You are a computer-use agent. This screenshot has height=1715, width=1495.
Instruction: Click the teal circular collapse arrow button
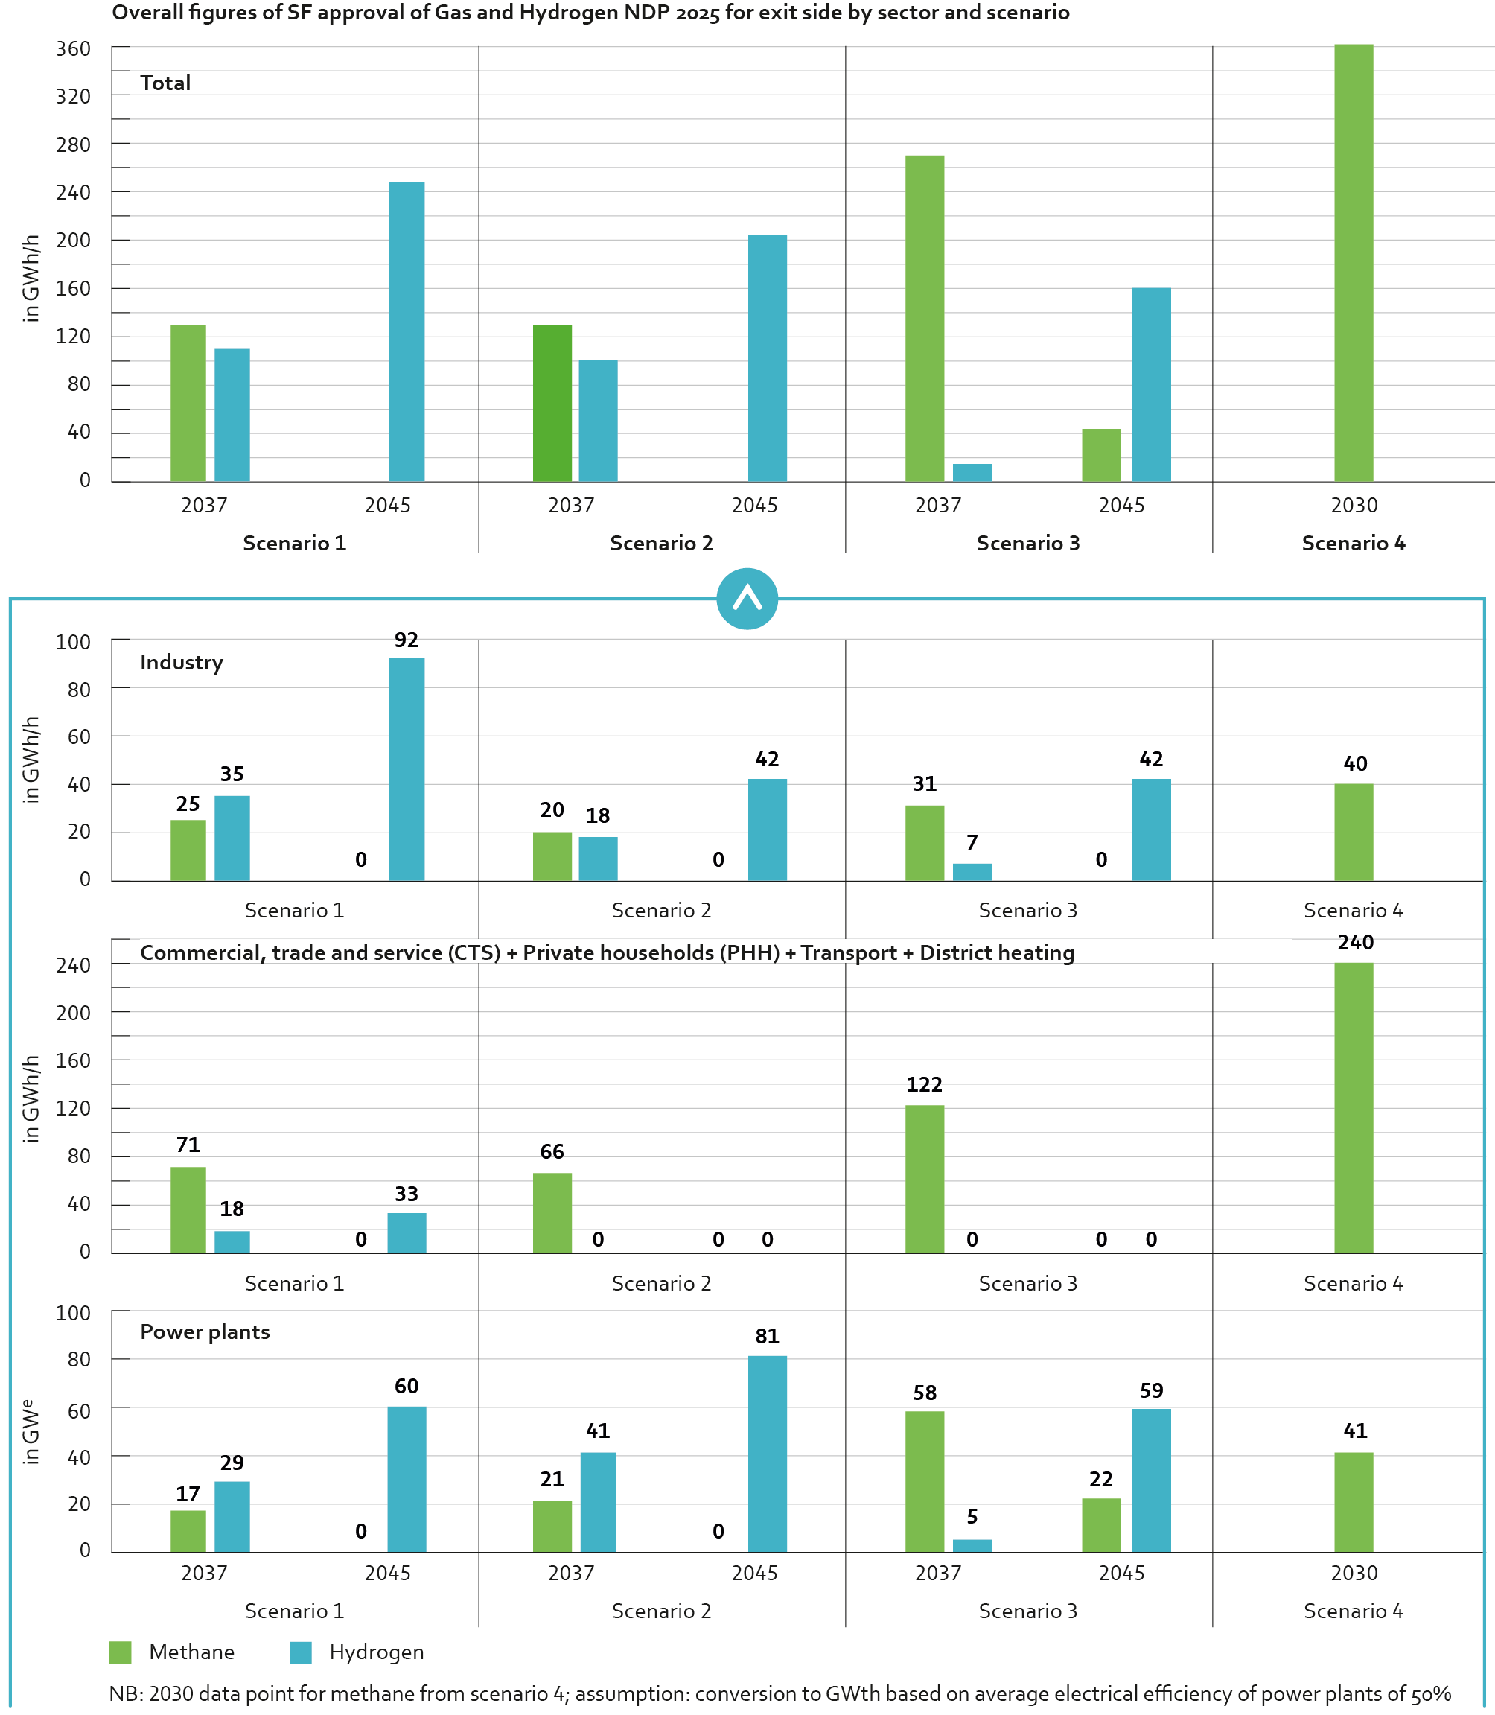tap(747, 599)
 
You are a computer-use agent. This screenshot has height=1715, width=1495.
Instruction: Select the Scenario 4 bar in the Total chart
tap(1354, 263)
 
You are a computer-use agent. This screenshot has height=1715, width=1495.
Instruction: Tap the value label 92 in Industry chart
tap(407, 640)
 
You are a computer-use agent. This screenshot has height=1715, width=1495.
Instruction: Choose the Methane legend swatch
tap(120, 1652)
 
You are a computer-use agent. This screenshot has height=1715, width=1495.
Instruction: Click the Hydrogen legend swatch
tap(300, 1652)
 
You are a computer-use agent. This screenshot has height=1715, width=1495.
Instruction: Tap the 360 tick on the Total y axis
tap(74, 49)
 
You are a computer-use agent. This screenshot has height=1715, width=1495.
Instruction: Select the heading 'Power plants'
tap(205, 1332)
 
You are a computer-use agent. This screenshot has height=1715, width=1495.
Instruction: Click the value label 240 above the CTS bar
tap(1355, 942)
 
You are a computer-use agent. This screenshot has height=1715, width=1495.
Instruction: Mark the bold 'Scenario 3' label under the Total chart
tap(1027, 544)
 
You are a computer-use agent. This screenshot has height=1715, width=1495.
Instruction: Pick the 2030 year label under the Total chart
tap(1354, 505)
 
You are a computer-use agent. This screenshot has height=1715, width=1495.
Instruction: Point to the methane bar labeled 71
tap(188, 1209)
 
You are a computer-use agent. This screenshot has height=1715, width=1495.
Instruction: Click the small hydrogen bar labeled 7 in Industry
tap(972, 871)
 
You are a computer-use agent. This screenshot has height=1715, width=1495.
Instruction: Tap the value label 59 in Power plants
tap(1151, 1390)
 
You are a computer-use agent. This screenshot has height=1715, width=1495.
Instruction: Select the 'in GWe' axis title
tap(31, 1432)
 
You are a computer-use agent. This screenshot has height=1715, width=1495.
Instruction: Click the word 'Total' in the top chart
tap(165, 83)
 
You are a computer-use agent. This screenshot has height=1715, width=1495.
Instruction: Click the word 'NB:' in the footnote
tap(125, 1693)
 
